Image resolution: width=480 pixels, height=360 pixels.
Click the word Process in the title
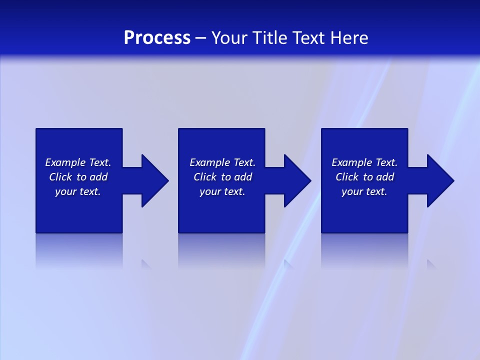click(157, 38)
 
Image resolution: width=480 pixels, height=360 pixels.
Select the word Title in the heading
click(270, 38)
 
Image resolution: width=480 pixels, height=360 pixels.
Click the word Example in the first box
click(65, 162)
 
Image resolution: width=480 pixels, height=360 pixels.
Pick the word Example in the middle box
click(209, 162)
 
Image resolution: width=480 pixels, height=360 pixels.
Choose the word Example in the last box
click(351, 162)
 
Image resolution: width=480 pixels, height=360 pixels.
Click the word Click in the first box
click(60, 177)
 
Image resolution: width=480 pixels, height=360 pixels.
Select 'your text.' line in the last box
click(364, 191)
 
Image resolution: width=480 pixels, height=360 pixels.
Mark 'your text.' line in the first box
click(78, 191)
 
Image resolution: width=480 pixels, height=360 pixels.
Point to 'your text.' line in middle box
click(222, 191)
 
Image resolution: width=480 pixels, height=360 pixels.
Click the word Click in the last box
click(347, 177)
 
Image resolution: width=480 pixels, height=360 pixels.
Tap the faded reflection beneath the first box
click(79, 250)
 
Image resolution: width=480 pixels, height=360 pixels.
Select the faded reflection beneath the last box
click(364, 250)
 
